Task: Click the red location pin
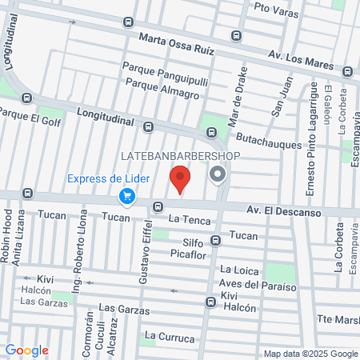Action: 181,179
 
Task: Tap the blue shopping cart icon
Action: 126,195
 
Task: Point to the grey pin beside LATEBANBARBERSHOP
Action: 217,174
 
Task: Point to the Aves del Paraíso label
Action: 259,286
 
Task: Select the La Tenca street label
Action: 186,218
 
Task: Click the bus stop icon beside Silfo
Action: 215,240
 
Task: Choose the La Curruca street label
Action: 170,337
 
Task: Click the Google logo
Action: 26,350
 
